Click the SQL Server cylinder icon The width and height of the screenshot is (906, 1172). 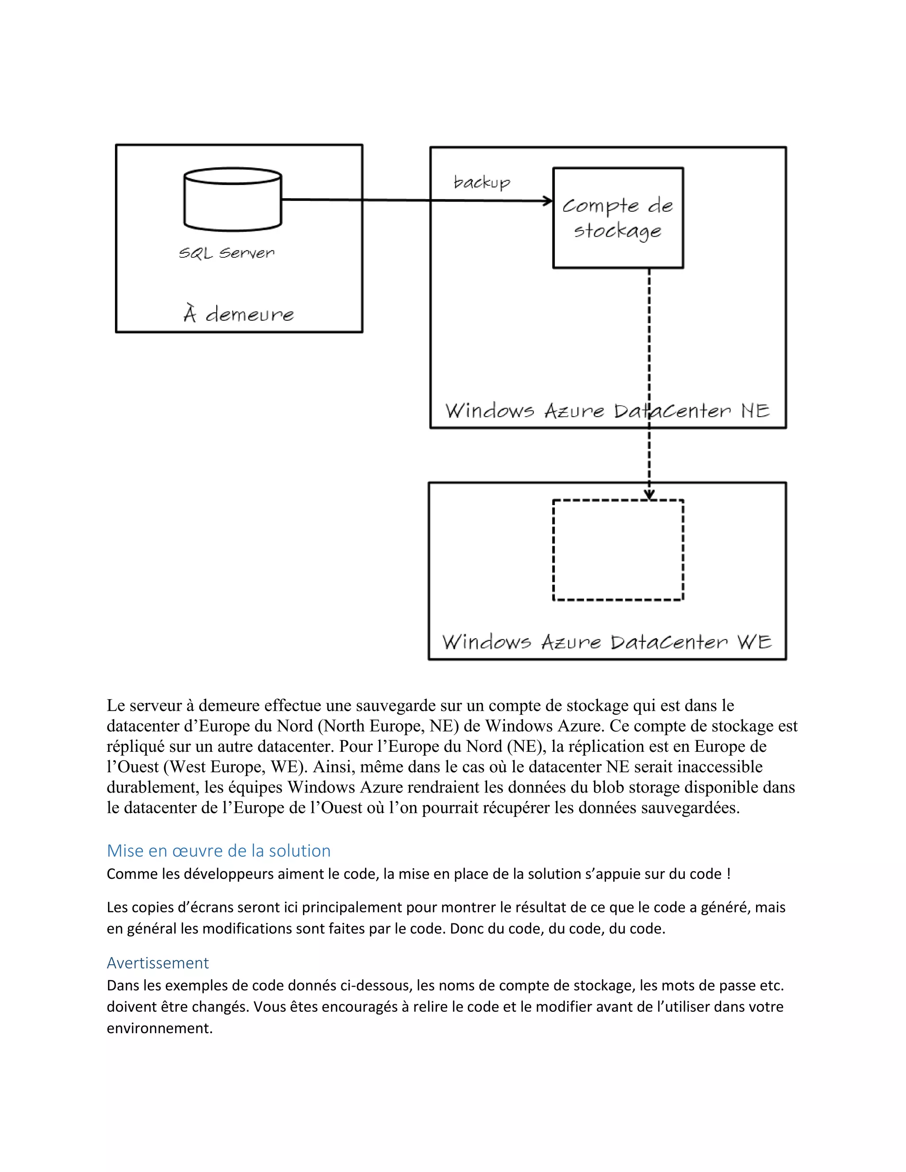tap(232, 199)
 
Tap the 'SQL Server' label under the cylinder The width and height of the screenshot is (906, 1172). tap(226, 253)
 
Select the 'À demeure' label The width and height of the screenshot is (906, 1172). tap(239, 314)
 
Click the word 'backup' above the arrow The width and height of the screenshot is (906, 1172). tap(481, 183)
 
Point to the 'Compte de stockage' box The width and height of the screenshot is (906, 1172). tap(618, 218)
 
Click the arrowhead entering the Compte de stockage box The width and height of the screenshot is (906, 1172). tap(548, 201)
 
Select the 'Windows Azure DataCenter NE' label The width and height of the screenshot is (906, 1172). tap(607, 411)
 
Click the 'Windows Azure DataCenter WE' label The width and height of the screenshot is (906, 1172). tap(607, 642)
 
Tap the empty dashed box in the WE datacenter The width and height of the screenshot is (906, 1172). tap(618, 550)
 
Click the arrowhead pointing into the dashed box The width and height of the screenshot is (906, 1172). tap(649, 494)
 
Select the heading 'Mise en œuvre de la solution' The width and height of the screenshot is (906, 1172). tap(219, 850)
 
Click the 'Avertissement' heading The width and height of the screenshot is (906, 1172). tap(158, 963)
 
